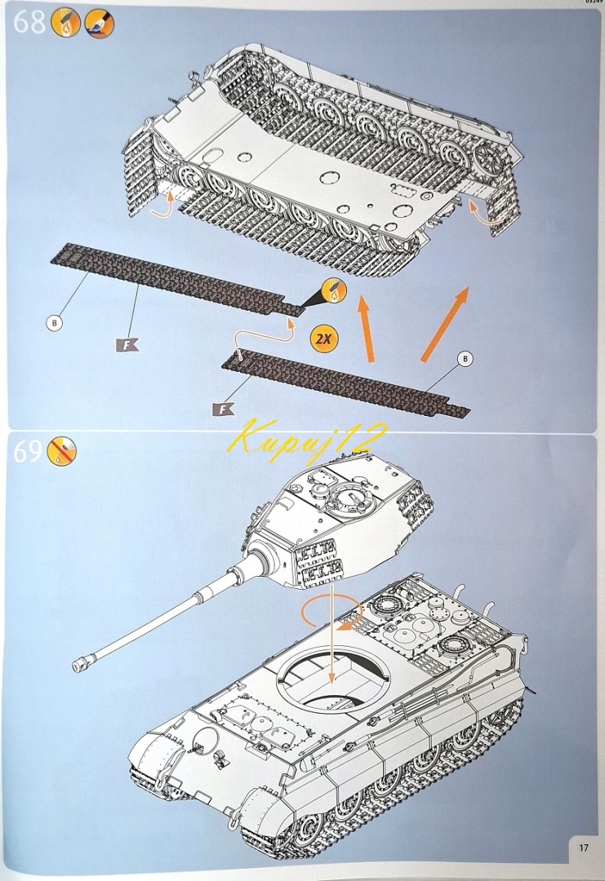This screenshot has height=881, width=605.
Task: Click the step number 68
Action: (29, 23)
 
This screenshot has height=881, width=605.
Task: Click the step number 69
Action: (28, 451)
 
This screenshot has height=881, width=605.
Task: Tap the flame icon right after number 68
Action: (69, 24)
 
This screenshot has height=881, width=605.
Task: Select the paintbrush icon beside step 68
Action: (100, 24)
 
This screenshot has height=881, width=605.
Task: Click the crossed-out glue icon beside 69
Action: (62, 450)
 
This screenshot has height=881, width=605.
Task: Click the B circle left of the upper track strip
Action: (53, 323)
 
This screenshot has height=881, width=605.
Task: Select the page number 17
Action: (583, 848)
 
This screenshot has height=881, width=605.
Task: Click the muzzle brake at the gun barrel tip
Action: (82, 664)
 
